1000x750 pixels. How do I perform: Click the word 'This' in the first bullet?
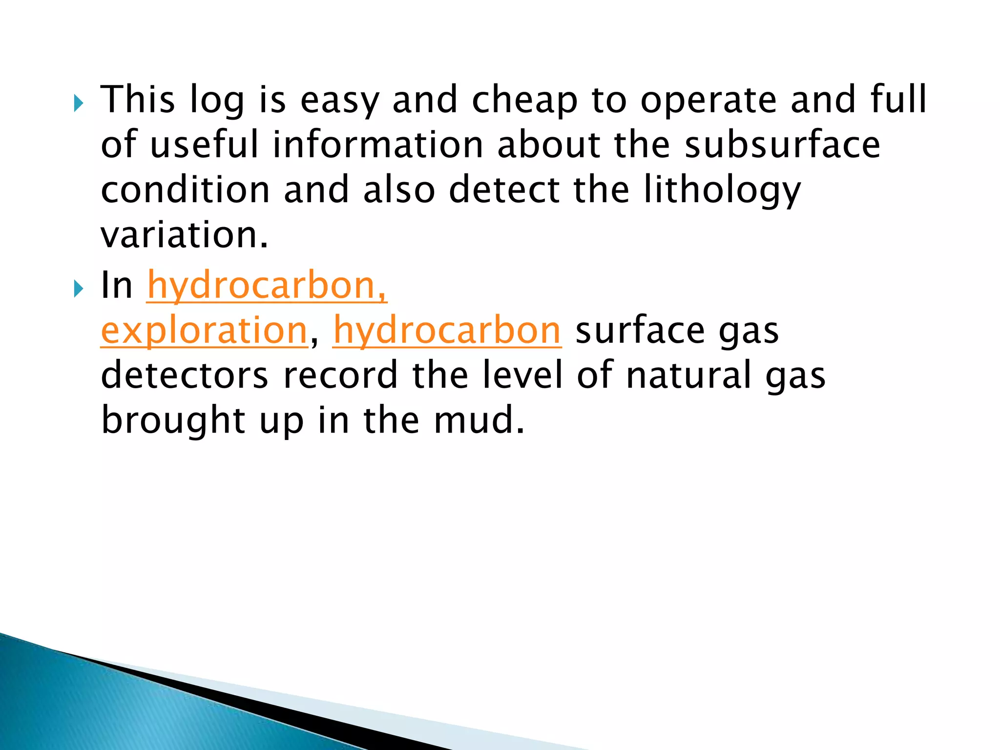point(137,99)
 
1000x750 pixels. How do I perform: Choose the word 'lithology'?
point(722,190)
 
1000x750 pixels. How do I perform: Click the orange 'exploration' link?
point(204,331)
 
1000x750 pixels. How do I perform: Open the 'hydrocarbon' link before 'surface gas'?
point(447,331)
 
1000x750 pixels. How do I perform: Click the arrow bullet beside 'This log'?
point(79,103)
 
